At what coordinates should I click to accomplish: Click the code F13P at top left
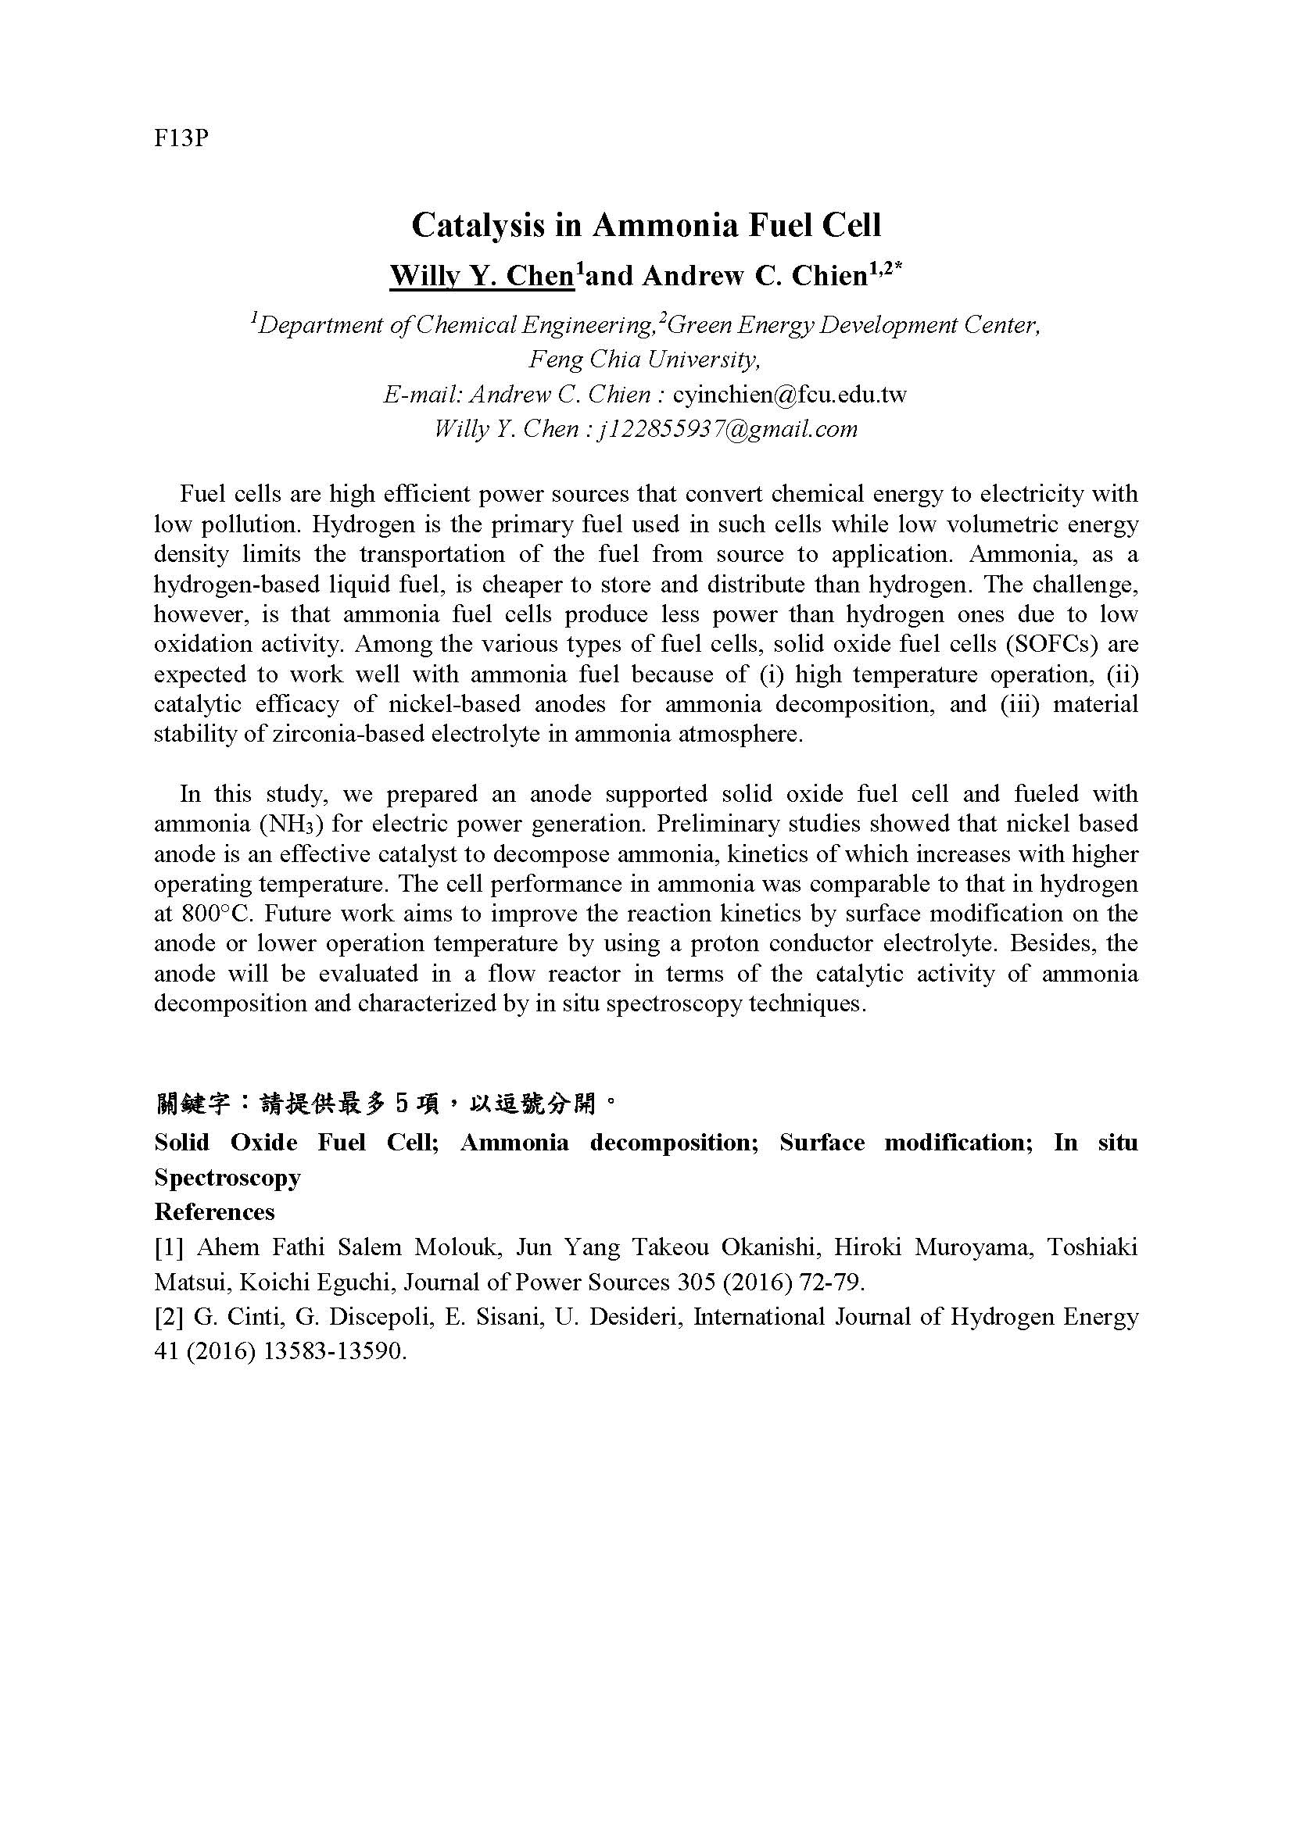(x=181, y=138)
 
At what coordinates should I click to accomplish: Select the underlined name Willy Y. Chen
(x=482, y=275)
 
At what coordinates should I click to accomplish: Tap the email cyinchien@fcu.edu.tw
(x=790, y=395)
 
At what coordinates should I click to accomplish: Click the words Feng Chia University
(x=645, y=360)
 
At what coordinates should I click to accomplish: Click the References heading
(x=214, y=1212)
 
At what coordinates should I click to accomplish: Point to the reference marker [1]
(x=169, y=1247)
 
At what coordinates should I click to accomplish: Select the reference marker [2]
(x=169, y=1317)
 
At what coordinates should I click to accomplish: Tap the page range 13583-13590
(x=315, y=1352)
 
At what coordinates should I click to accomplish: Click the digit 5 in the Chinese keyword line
(x=401, y=1104)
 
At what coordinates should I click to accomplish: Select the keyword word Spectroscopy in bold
(x=227, y=1177)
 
